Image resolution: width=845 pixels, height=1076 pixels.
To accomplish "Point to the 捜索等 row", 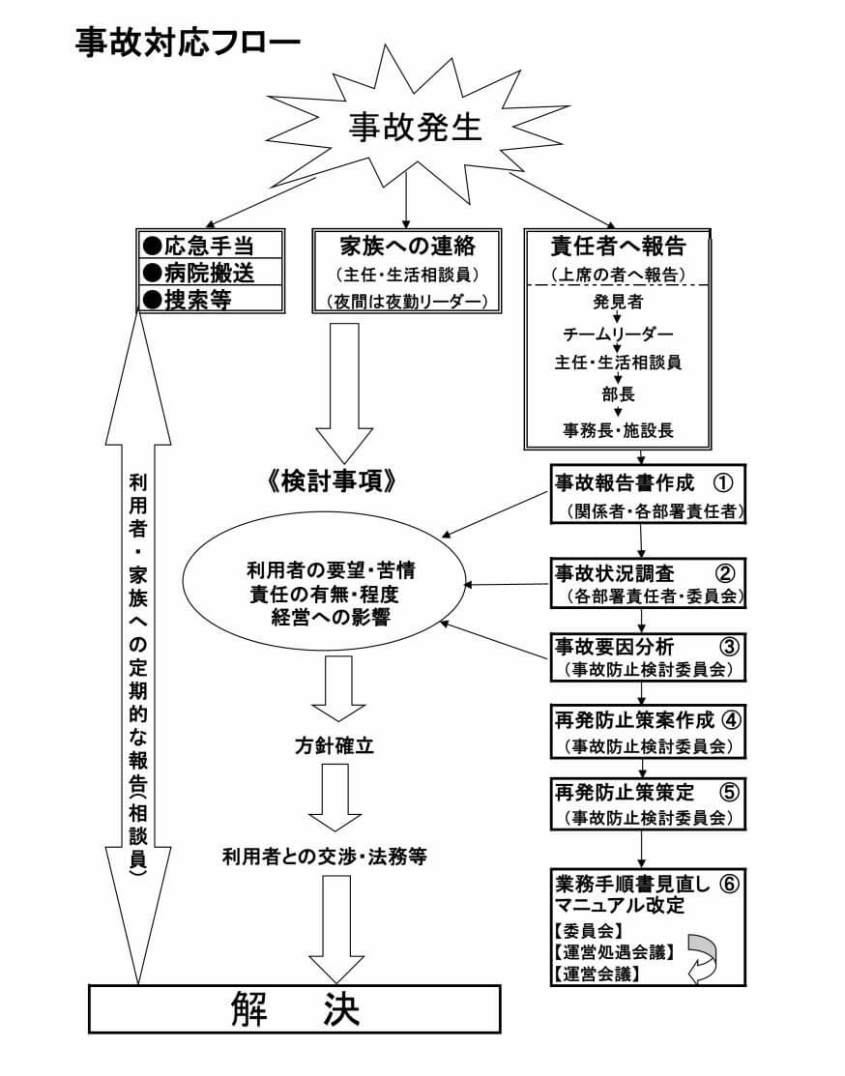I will (x=212, y=299).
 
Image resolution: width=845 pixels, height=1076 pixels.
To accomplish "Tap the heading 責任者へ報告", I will (x=618, y=243).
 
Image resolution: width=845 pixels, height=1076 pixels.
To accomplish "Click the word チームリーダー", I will (x=618, y=333).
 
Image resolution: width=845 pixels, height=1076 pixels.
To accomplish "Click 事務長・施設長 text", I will (x=618, y=427).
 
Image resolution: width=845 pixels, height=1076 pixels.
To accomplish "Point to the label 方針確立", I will (x=334, y=746).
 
